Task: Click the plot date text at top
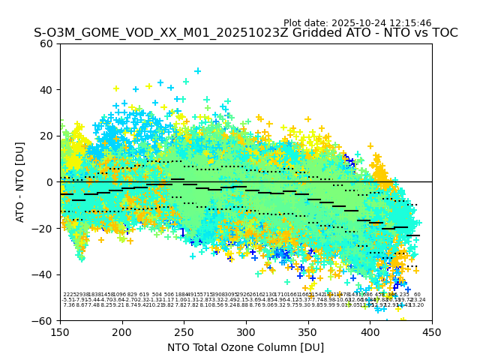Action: pyautogui.click(x=357, y=23)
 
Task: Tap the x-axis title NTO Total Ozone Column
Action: pyautogui.click(x=245, y=347)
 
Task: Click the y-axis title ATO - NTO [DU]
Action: pyautogui.click(x=20, y=181)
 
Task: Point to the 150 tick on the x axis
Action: pyautogui.click(x=60, y=331)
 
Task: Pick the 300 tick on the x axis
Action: pyautogui.click(x=246, y=331)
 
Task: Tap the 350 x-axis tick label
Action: pyautogui.click(x=308, y=331)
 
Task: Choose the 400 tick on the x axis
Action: pyautogui.click(x=370, y=331)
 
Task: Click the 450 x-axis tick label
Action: pyautogui.click(x=432, y=331)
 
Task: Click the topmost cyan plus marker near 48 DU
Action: pyautogui.click(x=198, y=71)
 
